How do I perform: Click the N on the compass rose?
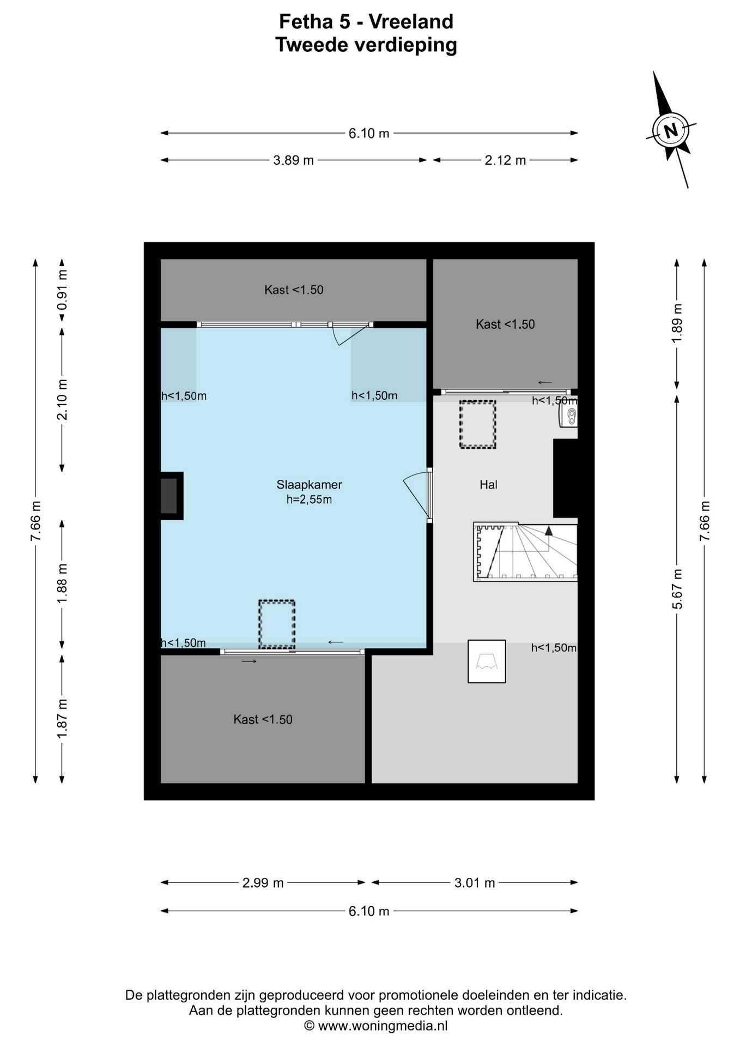click(x=671, y=131)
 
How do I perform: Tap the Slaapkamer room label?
click(x=309, y=484)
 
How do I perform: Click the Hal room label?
click(x=488, y=484)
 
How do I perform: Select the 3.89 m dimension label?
click(x=293, y=160)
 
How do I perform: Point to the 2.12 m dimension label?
click(x=505, y=160)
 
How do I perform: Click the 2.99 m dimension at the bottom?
click(x=263, y=882)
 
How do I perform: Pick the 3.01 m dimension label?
click(x=475, y=882)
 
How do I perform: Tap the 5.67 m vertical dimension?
click(x=677, y=589)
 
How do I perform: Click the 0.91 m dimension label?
click(x=62, y=290)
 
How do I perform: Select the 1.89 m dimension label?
click(x=677, y=323)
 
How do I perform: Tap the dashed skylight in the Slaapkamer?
click(x=277, y=624)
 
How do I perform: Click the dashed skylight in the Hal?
click(x=477, y=424)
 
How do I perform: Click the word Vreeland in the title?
click(x=411, y=21)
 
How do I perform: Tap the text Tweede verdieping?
click(x=366, y=45)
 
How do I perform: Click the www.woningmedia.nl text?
click(x=383, y=1026)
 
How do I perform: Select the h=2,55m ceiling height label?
click(x=309, y=500)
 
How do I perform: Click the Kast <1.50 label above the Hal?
click(x=505, y=324)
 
